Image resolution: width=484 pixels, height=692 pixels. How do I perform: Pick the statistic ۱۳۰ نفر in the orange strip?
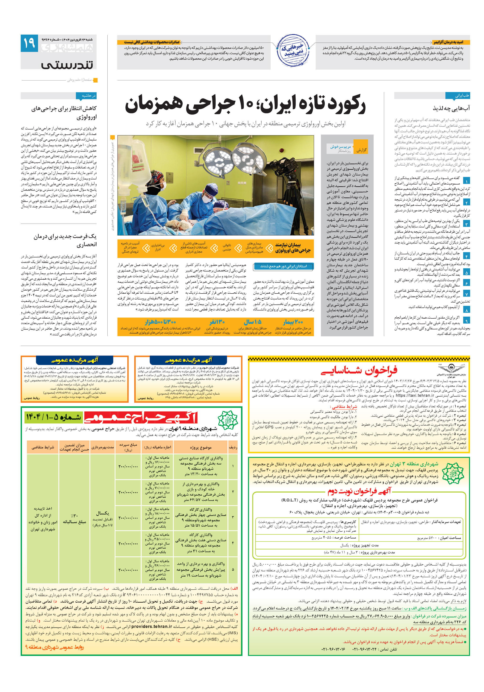[217, 322]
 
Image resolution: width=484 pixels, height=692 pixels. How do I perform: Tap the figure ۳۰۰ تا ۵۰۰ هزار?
[160, 322]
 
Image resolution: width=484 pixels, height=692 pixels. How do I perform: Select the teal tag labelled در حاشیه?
[89, 96]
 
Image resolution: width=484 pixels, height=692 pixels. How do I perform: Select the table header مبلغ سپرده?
[128, 447]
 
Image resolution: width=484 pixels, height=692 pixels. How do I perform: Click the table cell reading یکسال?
[102, 513]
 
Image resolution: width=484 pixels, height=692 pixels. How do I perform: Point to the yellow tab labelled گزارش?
[361, 150]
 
